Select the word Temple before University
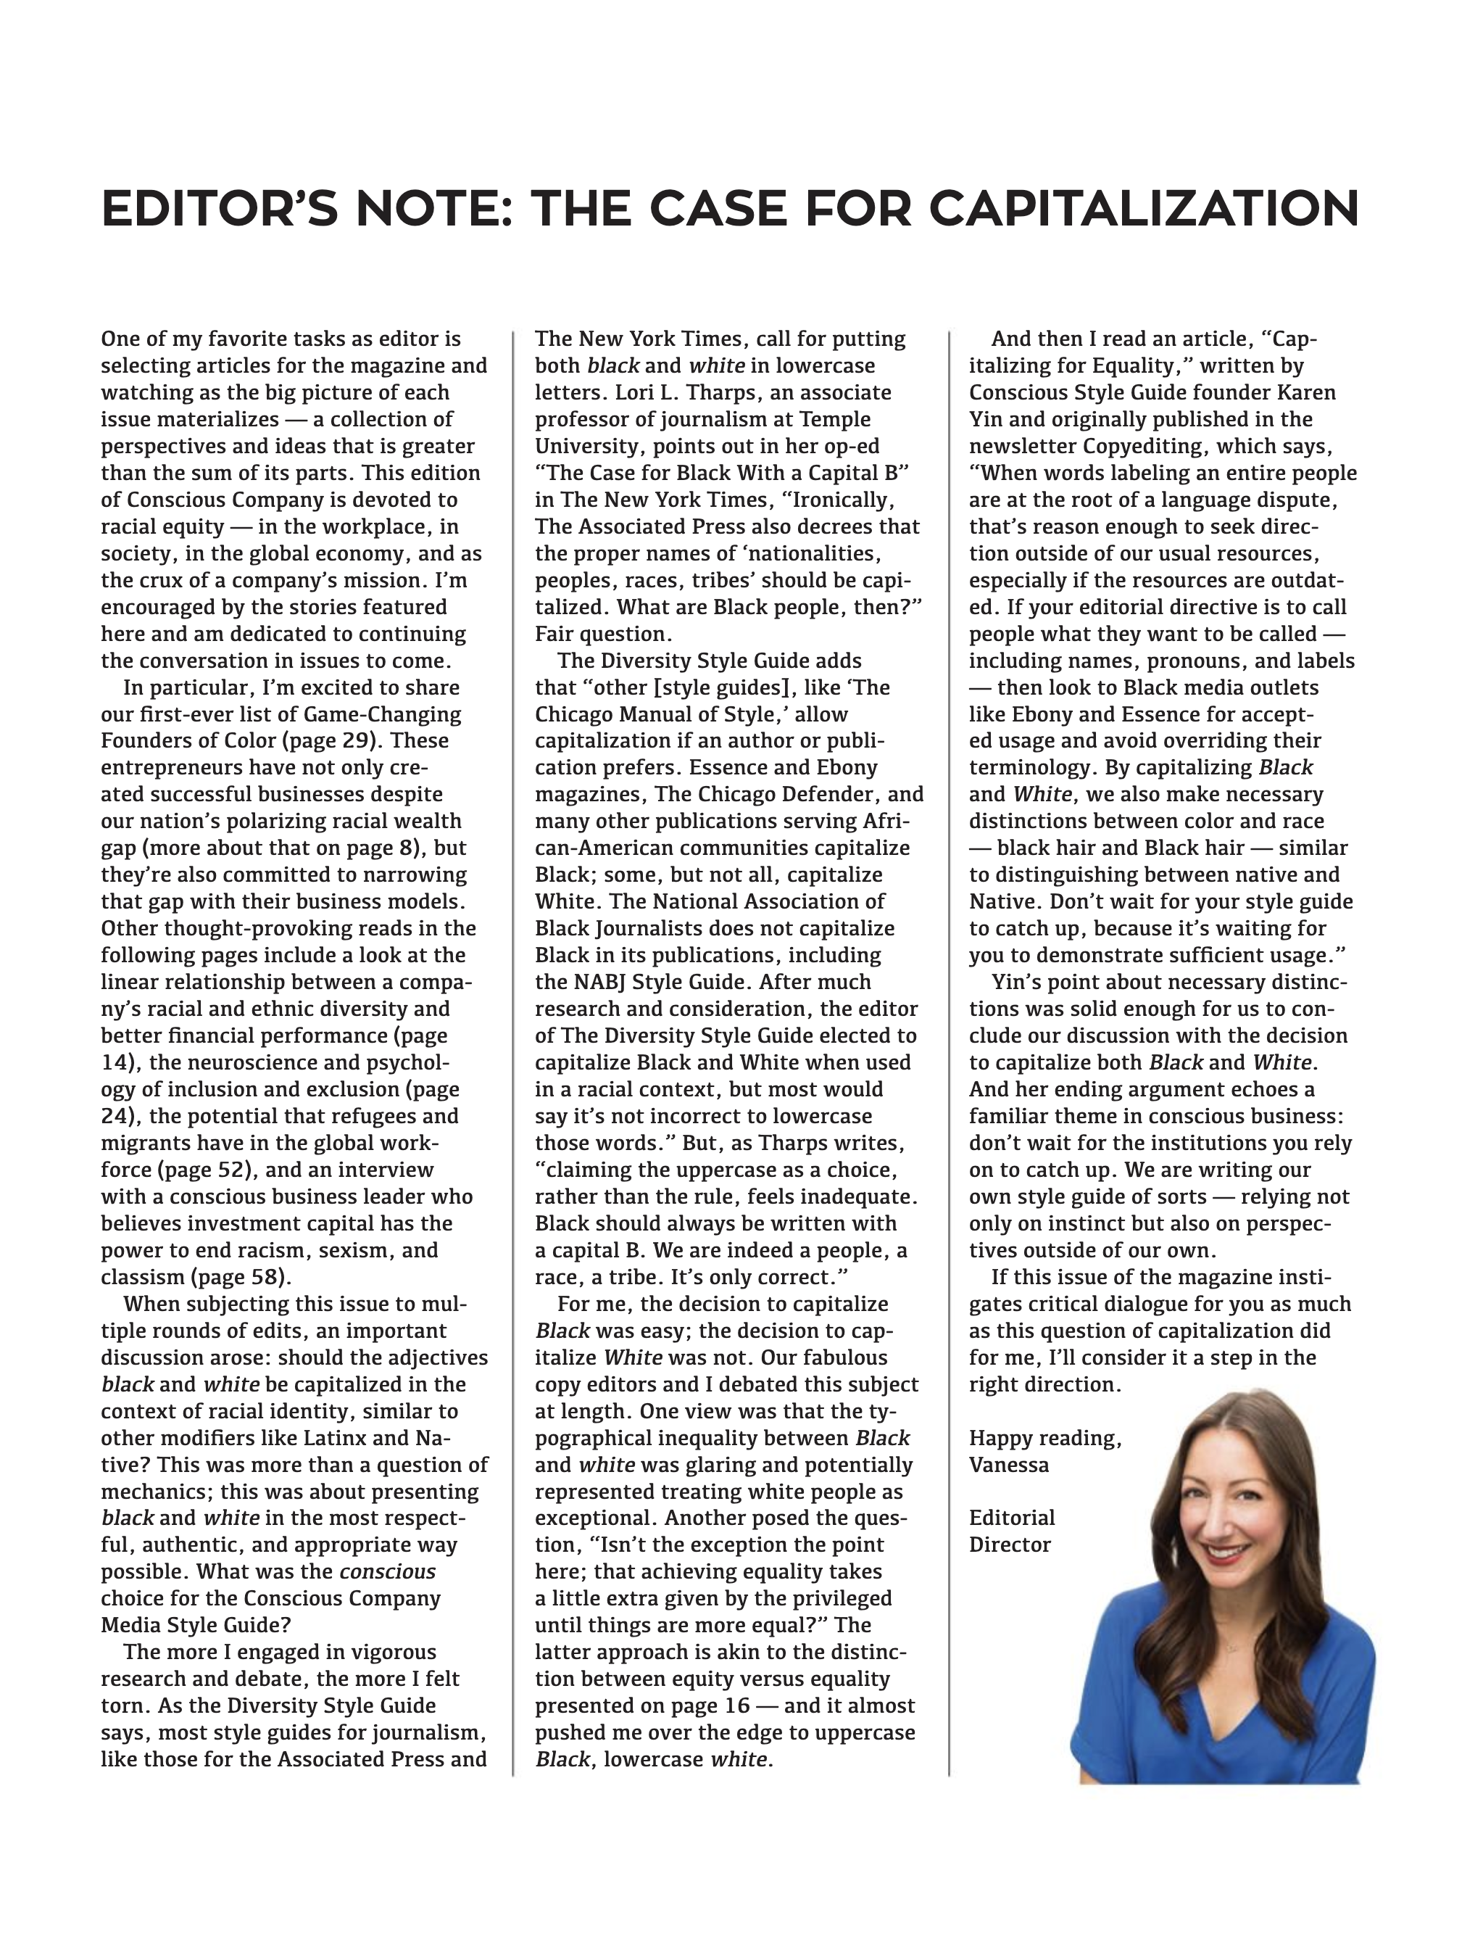pos(839,419)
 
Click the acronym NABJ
pos(612,982)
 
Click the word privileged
pos(835,1599)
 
